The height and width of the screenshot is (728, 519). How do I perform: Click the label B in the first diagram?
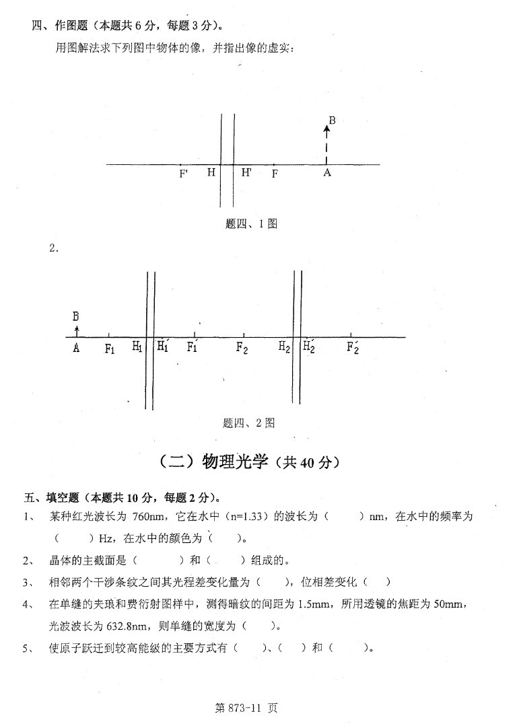332,120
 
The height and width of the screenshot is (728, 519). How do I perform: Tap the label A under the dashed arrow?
327,173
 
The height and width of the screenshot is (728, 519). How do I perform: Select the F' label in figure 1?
184,174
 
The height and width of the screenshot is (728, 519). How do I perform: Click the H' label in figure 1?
246,172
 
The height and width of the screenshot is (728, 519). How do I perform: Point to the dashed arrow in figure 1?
326,143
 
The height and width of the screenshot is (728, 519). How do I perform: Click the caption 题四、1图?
251,224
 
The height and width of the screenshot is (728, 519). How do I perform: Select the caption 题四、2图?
248,423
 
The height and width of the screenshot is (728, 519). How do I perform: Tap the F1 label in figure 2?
110,348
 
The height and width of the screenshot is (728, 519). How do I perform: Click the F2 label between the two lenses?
242,347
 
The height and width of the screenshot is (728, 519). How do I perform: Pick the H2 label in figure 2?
284,347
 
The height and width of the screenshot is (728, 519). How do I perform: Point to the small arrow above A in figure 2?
77,330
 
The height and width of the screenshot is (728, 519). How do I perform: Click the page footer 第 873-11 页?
246,708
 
